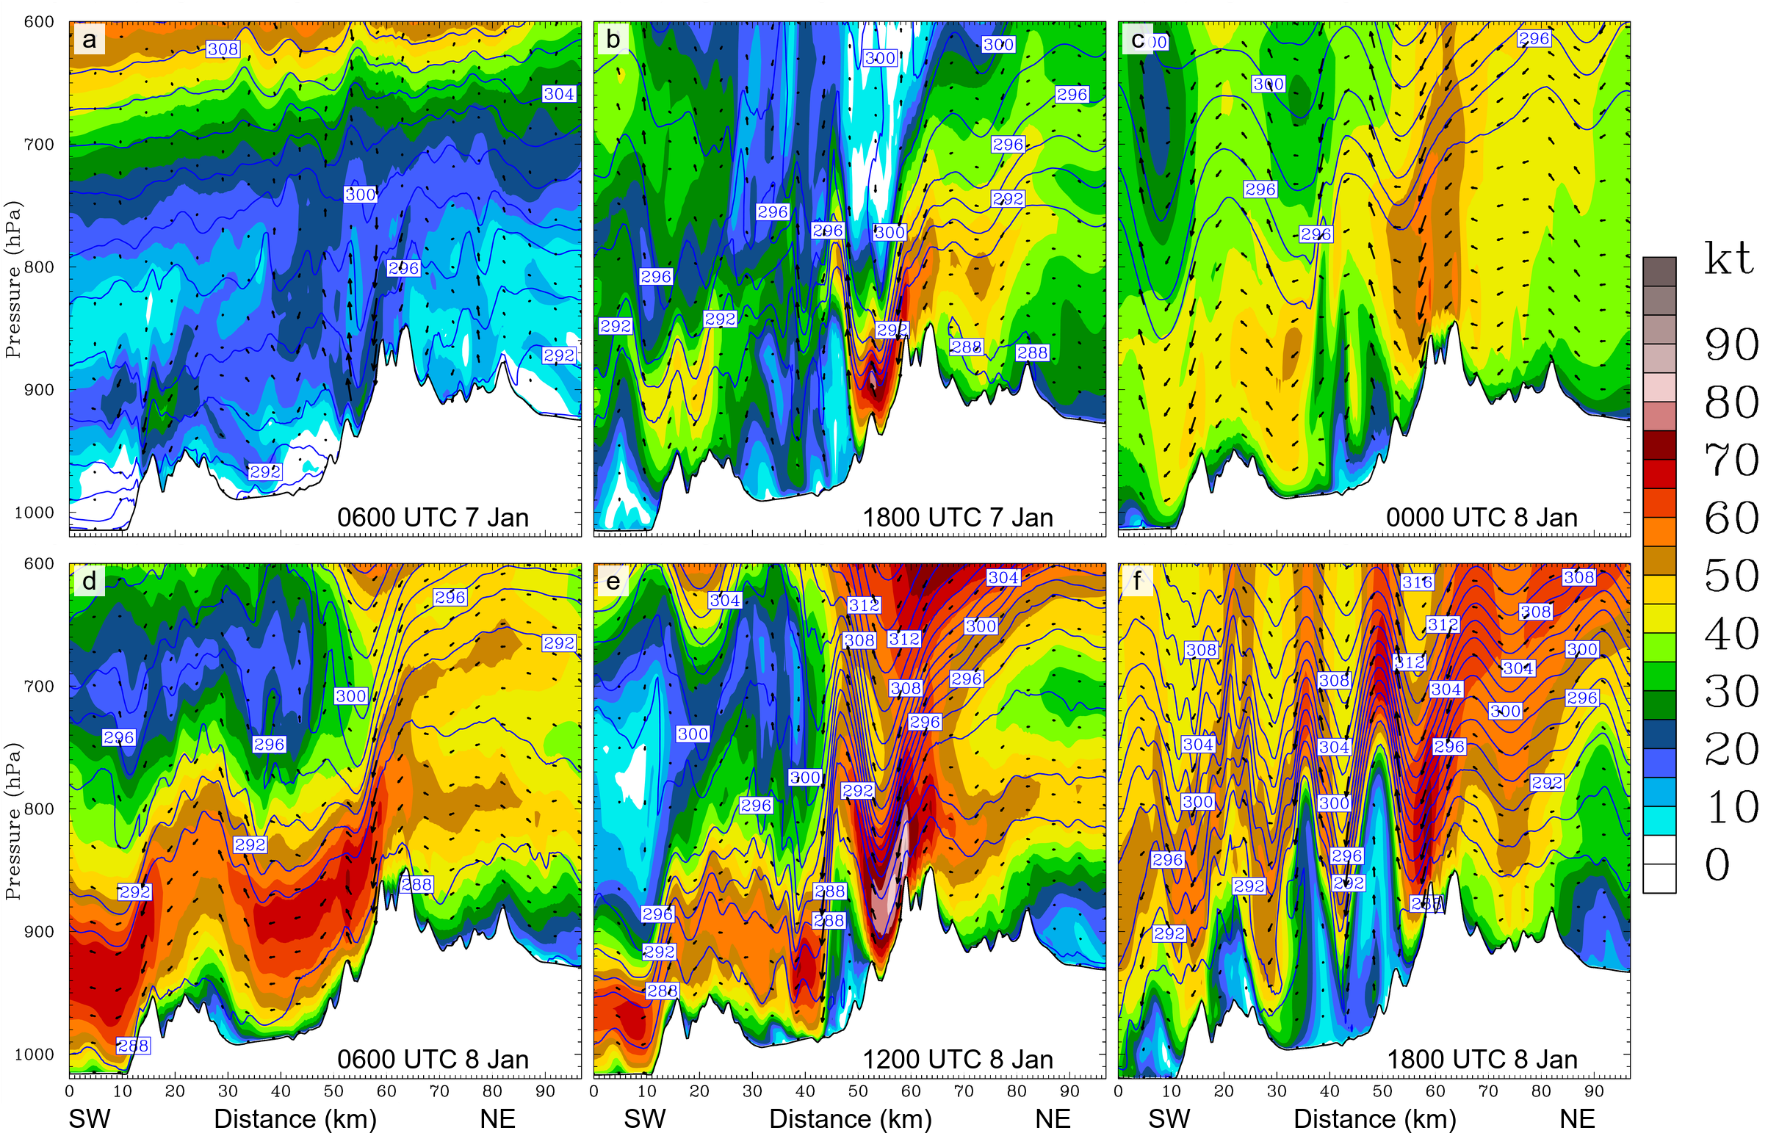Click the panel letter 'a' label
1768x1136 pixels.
point(90,39)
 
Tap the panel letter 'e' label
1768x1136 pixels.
point(613,582)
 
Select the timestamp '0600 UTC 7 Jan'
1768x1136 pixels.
point(433,517)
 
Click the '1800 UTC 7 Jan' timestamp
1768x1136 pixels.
point(957,517)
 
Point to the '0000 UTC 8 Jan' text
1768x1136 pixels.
point(1481,517)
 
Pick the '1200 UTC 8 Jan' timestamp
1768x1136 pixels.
point(957,1060)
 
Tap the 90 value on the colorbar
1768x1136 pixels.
point(1731,344)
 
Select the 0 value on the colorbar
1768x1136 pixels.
point(1717,864)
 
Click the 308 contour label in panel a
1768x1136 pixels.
point(222,49)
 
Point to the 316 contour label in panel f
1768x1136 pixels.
point(1417,582)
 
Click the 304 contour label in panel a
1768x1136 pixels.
point(558,94)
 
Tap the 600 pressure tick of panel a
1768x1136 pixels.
point(39,22)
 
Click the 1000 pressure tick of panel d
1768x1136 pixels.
point(35,1054)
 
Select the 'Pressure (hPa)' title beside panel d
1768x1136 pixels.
point(12,821)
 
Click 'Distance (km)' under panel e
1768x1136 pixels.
point(850,1119)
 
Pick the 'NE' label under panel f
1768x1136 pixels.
point(1577,1119)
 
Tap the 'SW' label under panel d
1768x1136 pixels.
point(90,1119)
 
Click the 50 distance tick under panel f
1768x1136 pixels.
point(1382,1092)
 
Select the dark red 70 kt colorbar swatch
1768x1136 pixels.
point(1659,445)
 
